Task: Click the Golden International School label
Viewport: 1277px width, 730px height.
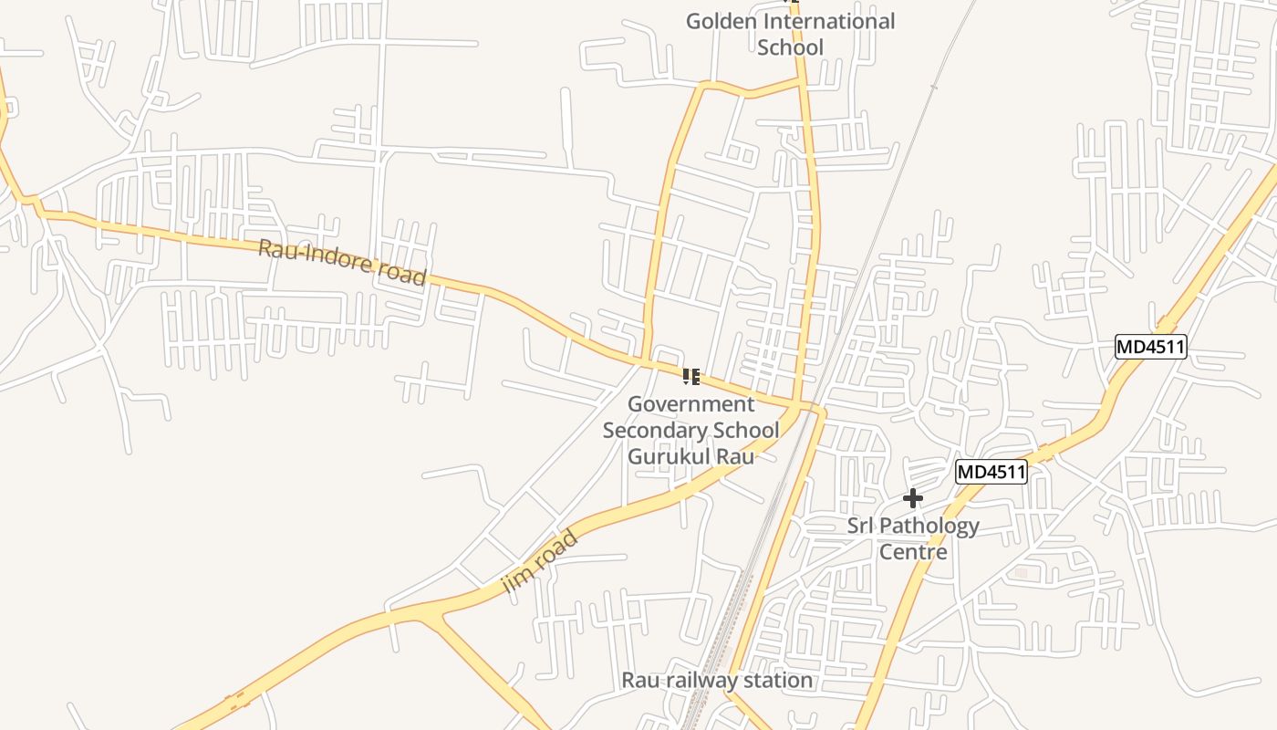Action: coord(790,34)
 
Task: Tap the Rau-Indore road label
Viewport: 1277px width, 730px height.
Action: coord(342,262)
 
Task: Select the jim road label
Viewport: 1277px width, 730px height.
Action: coord(541,562)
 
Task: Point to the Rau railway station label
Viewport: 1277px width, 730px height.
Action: coord(716,681)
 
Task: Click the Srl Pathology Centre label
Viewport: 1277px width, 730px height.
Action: coord(913,538)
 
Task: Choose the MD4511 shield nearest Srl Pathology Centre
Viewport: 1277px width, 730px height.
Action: coord(991,473)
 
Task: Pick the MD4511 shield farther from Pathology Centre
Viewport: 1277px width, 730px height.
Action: coord(1150,347)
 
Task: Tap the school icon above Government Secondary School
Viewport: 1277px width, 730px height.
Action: coord(690,376)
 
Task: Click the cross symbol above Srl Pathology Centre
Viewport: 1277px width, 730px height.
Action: coord(912,498)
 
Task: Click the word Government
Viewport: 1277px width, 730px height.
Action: coord(691,404)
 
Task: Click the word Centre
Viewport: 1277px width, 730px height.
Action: coord(913,552)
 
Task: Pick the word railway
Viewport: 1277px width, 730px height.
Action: coord(708,681)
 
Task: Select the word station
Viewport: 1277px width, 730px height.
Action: coord(777,681)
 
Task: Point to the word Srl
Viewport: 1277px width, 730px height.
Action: coord(860,526)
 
